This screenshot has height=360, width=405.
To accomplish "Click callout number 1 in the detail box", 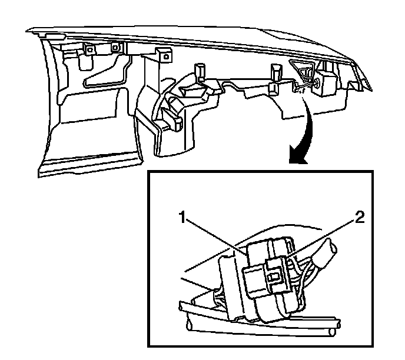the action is (x=182, y=217).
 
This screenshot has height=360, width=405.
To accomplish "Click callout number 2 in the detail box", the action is (x=360, y=217).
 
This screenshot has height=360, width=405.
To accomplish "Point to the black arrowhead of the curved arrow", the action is (x=297, y=155).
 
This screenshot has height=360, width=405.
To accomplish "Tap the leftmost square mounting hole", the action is (x=89, y=50).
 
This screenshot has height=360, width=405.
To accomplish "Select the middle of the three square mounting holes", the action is (x=114, y=48).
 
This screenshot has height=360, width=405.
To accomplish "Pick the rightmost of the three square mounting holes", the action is (x=167, y=56).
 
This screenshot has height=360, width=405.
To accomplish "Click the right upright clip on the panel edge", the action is (x=275, y=72).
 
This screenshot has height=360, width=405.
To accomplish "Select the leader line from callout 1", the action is (x=215, y=236).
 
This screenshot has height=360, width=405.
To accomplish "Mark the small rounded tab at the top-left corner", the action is (x=55, y=36).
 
